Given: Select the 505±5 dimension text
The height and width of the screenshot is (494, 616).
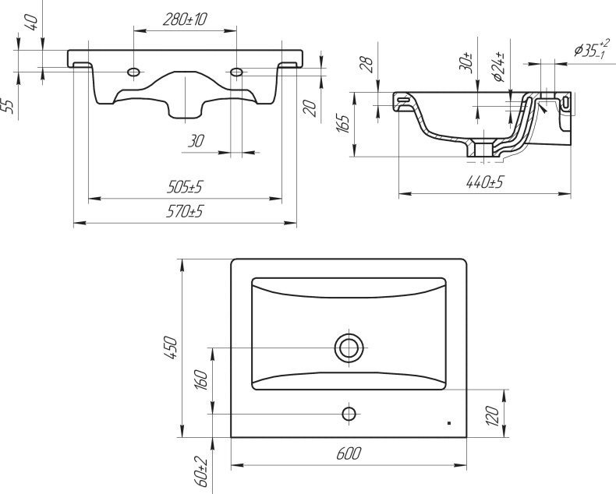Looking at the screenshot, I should point(185,188).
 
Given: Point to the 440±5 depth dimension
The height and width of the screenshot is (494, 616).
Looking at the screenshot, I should point(485,183).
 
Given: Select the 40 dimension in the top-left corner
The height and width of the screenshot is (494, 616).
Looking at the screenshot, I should point(32,21).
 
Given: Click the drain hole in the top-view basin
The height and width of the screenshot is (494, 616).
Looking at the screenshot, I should point(349,346).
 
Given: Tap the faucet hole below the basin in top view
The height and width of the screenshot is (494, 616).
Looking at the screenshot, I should point(349,411).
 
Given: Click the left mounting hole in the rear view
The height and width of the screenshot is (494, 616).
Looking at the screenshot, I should point(135,72).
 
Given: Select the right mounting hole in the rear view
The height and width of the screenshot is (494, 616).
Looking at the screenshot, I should point(236,72).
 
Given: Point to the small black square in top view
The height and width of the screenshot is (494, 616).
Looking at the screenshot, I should point(449,423).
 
